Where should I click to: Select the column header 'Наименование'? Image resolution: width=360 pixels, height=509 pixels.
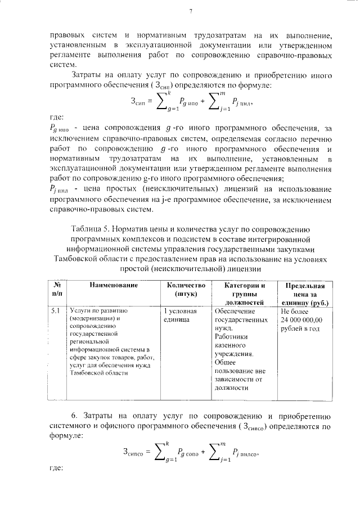pos(114,285)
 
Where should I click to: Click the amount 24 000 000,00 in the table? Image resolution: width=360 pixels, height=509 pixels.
pos(301,319)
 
